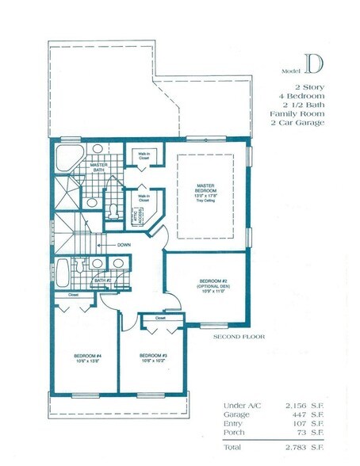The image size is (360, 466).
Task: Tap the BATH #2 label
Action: (x=101, y=280)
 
